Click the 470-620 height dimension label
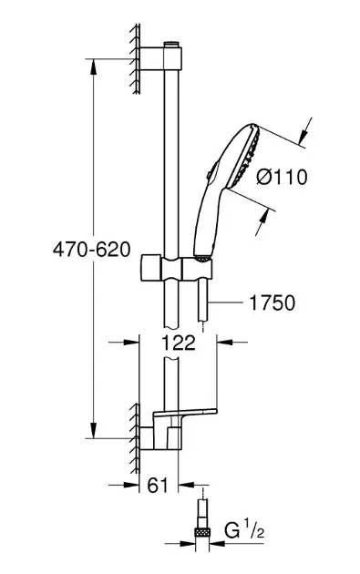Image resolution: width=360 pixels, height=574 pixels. (x=91, y=250)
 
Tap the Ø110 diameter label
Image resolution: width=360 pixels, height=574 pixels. (x=282, y=177)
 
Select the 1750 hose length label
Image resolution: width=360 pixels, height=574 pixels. (x=272, y=302)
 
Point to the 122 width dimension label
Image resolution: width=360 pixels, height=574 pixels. (x=179, y=343)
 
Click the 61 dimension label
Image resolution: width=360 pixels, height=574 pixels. (x=158, y=485)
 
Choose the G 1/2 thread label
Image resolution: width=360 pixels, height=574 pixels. (x=244, y=531)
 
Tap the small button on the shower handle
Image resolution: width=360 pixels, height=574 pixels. (x=210, y=174)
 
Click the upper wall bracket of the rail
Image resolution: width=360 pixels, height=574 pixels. (x=160, y=58)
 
